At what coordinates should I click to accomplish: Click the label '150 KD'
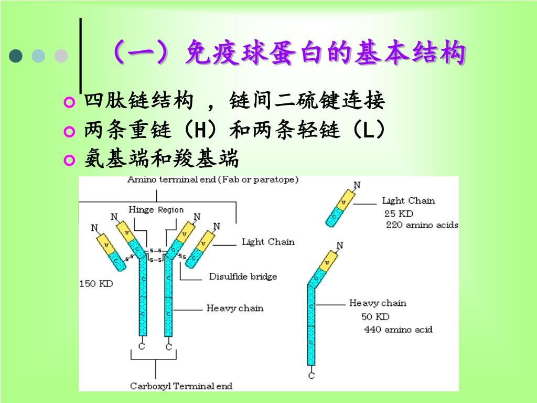tap(96, 284)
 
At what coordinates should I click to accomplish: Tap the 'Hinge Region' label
tap(156, 210)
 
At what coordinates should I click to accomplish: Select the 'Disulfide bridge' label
tap(243, 277)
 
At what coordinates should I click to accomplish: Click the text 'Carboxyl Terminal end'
tap(181, 386)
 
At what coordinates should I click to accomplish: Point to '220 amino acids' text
tap(422, 225)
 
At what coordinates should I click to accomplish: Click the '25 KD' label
tap(399, 214)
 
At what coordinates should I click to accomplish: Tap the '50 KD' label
tap(375, 317)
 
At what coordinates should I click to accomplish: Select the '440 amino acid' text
tap(398, 330)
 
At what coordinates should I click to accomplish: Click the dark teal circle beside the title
tap(16, 56)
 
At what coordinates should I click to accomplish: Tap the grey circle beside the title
tap(61, 56)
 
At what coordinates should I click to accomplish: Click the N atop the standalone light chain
tap(357, 185)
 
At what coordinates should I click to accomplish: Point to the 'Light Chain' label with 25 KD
tap(408, 200)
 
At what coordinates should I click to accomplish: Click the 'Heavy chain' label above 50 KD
tap(378, 303)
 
